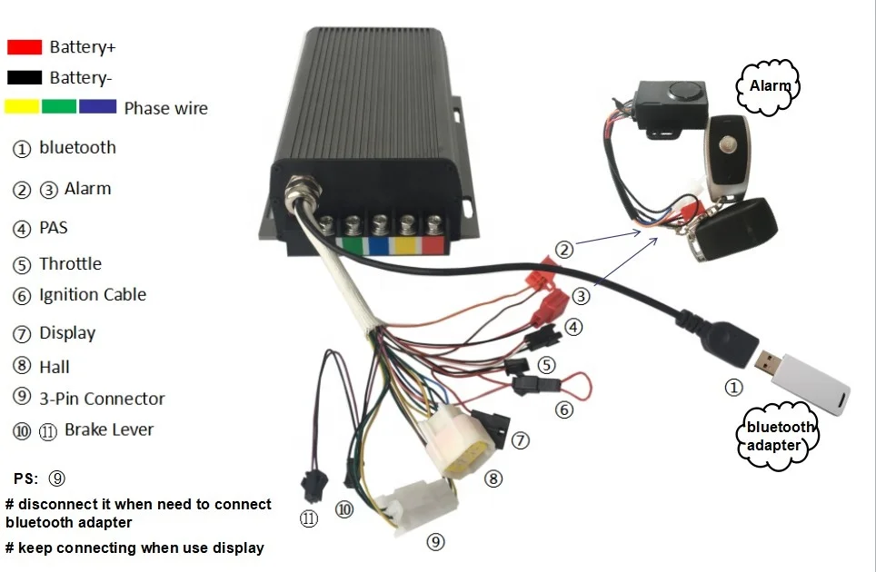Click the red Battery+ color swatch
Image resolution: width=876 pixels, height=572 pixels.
click(25, 46)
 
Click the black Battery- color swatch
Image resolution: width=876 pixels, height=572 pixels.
click(25, 77)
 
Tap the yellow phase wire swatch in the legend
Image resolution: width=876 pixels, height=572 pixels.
click(22, 106)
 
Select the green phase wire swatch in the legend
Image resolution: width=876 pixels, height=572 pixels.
click(59, 106)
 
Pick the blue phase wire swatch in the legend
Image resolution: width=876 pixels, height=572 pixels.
click(97, 106)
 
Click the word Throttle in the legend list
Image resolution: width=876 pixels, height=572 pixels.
click(70, 264)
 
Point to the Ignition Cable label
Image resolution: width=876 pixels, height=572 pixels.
click(92, 295)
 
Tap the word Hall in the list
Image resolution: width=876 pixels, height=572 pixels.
click(55, 367)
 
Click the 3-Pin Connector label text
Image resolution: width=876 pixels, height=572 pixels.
click(102, 399)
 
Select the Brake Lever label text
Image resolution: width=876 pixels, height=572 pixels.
click(109, 429)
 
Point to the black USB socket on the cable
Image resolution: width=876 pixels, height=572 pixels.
click(732, 342)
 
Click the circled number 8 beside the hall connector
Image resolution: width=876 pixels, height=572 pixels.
click(493, 478)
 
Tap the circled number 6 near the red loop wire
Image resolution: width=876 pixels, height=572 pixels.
click(564, 409)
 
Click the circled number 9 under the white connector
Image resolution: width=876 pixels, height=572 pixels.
click(436, 542)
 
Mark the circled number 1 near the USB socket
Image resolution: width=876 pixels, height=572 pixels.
click(733, 388)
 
